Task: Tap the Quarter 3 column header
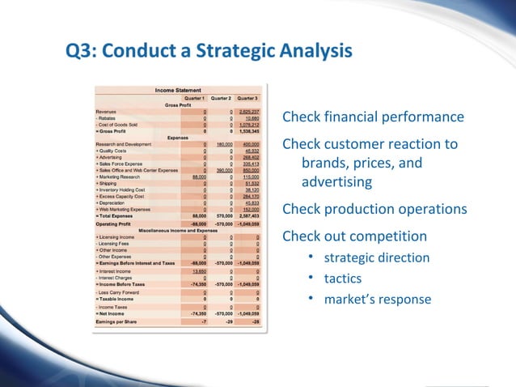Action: pyautogui.click(x=247, y=97)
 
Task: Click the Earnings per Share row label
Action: pyautogui.click(x=121, y=321)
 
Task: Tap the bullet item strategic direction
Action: pyautogui.click(x=377, y=258)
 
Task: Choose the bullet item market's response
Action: pyautogui.click(x=378, y=300)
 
